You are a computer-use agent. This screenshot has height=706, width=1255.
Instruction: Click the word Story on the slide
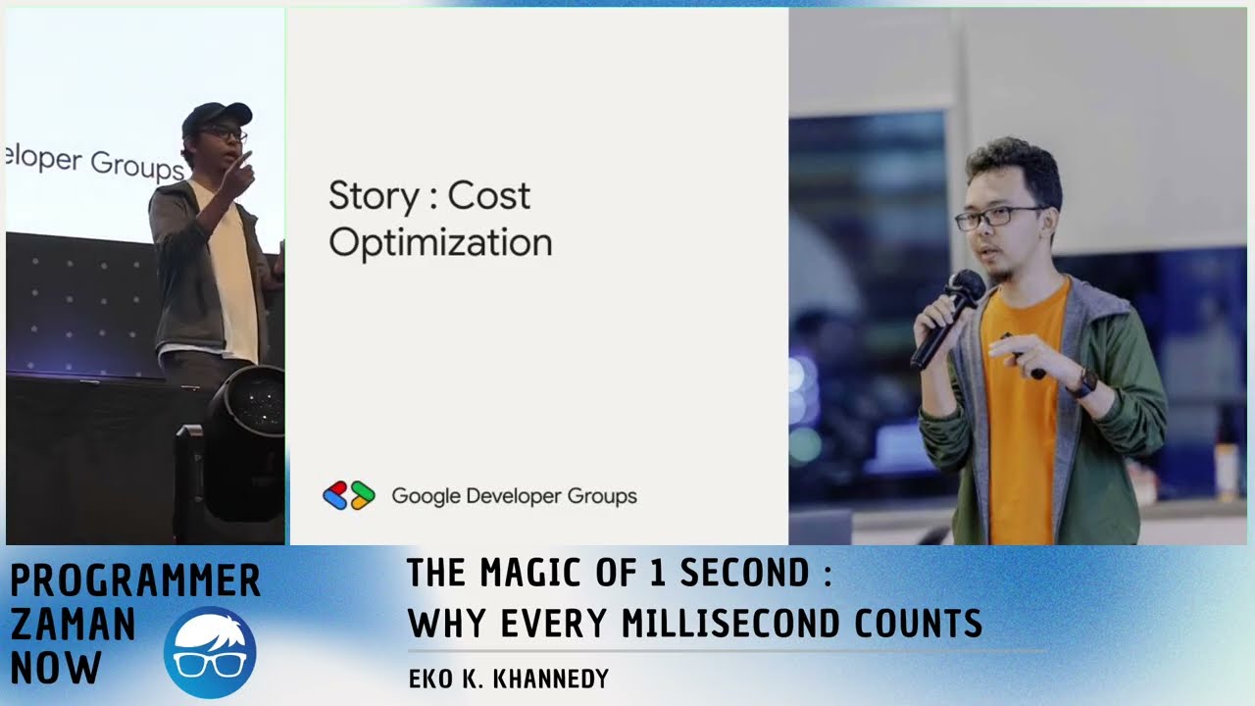click(373, 197)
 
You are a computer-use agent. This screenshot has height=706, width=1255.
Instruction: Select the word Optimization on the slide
click(440, 243)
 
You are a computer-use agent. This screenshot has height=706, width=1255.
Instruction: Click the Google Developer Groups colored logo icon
click(349, 495)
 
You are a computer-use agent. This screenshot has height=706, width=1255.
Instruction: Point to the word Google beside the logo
click(426, 496)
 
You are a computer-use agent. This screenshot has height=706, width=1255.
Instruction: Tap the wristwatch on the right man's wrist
click(1084, 381)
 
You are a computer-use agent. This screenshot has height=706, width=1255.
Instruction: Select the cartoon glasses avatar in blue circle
click(210, 651)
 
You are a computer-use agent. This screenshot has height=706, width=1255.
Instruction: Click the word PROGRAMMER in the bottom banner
click(135, 580)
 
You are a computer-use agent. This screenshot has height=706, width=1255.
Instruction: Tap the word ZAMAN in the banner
click(74, 625)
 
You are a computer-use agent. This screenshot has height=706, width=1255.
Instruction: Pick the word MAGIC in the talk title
click(530, 573)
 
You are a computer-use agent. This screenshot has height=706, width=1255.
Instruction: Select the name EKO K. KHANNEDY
click(508, 679)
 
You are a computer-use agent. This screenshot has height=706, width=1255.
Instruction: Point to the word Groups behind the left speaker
click(137, 165)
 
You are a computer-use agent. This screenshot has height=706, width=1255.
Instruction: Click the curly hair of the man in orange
click(1015, 163)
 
